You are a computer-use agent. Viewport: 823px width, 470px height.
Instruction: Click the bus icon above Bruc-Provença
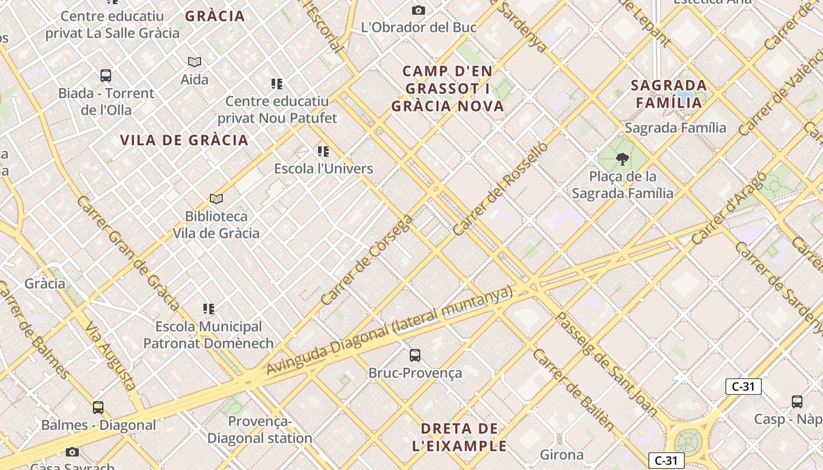[415, 355]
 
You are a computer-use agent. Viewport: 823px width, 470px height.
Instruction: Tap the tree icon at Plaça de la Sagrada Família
[622, 159]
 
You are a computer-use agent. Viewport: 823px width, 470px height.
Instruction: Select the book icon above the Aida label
[195, 62]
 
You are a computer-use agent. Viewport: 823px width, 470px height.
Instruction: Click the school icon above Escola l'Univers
[323, 152]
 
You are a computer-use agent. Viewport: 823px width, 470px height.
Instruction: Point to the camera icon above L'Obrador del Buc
[419, 10]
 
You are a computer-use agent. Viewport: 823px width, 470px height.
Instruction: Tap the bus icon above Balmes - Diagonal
[98, 407]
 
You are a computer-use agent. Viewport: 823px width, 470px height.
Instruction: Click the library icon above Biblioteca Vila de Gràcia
[216, 199]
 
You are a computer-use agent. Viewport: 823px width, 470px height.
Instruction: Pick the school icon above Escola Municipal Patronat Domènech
[209, 308]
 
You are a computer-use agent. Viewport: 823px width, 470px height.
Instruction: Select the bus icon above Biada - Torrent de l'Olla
[106, 76]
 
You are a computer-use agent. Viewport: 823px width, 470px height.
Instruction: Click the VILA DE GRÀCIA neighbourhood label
[184, 140]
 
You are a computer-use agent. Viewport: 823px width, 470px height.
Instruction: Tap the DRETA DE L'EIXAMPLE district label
[459, 437]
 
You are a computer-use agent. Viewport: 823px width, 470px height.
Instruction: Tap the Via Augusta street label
[111, 356]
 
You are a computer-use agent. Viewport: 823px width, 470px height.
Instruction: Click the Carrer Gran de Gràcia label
[128, 253]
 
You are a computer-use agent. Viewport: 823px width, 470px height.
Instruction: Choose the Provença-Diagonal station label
[260, 430]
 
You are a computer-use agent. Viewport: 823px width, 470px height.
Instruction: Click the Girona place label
[562, 454]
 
